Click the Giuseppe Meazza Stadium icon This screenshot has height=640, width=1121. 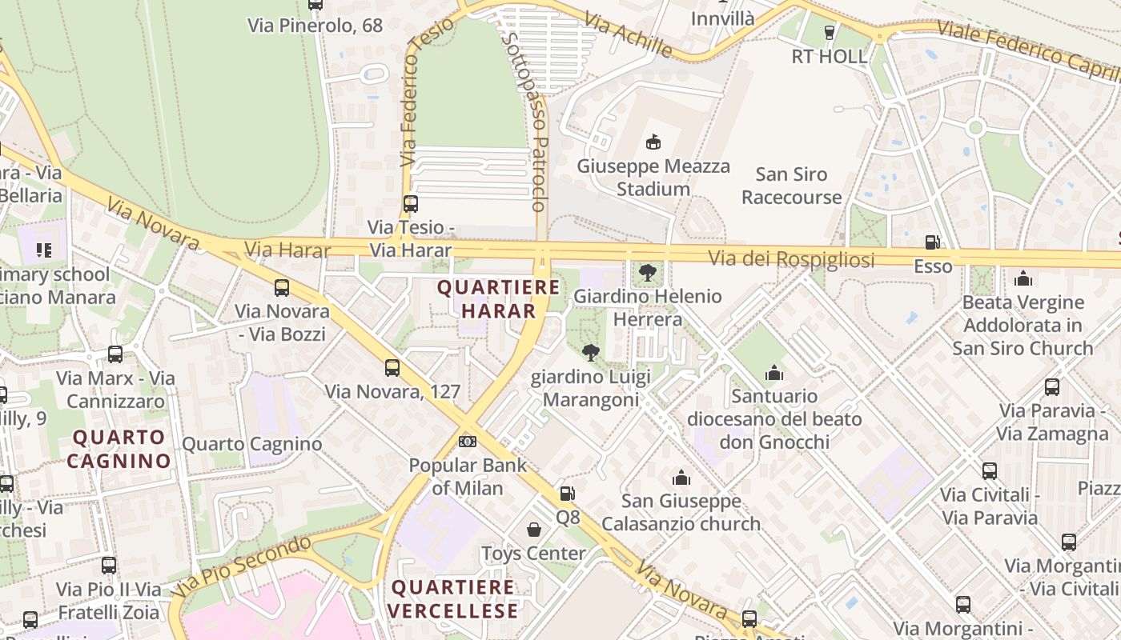click(653, 142)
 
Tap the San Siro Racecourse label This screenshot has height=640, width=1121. click(791, 186)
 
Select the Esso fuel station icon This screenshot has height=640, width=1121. click(932, 242)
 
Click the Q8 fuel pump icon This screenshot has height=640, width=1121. click(567, 494)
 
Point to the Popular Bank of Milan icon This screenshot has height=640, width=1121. click(468, 442)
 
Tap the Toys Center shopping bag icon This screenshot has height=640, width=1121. click(533, 530)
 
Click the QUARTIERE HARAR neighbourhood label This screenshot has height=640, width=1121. click(498, 299)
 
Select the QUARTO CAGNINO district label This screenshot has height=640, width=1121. click(119, 449)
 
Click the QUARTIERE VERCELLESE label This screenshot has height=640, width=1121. click(454, 599)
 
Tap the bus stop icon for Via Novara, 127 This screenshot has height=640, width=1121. click(392, 368)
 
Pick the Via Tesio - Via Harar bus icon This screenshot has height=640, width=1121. click(411, 204)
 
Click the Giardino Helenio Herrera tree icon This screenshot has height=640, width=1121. click(647, 273)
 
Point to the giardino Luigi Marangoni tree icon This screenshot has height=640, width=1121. click(591, 353)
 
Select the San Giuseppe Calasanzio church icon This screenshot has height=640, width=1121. click(681, 478)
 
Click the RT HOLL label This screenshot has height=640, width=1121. click(829, 56)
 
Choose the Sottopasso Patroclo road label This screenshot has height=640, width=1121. click(525, 120)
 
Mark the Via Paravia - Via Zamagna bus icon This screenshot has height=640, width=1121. click(1052, 387)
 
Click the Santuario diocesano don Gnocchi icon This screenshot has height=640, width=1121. click(773, 373)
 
